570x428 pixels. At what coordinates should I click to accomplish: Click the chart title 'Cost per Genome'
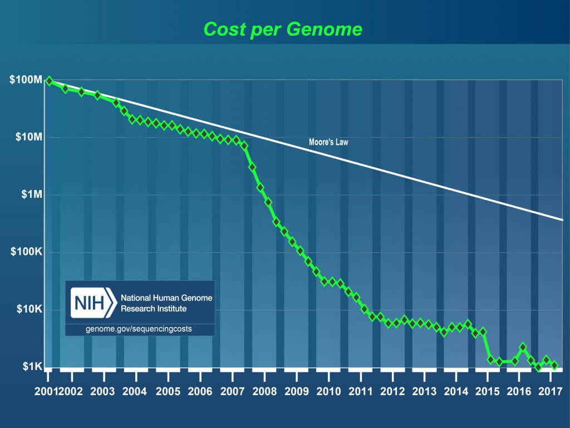pyautogui.click(x=283, y=28)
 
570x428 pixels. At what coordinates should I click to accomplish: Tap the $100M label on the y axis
pyautogui.click(x=26, y=80)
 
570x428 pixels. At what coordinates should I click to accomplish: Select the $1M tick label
pyautogui.click(x=31, y=194)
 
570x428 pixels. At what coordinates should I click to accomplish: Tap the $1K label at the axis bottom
pyautogui.click(x=32, y=367)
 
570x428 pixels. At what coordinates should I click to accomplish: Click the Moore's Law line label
pyautogui.click(x=328, y=142)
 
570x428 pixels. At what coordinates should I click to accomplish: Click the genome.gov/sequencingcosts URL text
pyautogui.click(x=139, y=329)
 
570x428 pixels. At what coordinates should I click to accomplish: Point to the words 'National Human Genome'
pyautogui.click(x=166, y=298)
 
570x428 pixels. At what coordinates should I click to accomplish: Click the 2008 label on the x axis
pyautogui.click(x=264, y=391)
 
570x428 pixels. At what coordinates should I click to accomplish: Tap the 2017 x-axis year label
pyautogui.click(x=550, y=391)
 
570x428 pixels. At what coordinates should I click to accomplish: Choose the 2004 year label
pyautogui.click(x=135, y=391)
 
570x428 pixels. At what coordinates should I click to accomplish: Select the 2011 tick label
pyautogui.click(x=360, y=391)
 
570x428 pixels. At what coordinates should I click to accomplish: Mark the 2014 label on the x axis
pyautogui.click(x=456, y=391)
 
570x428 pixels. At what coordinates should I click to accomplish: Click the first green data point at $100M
pyautogui.click(x=50, y=81)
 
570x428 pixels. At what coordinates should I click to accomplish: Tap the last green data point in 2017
pyautogui.click(x=554, y=365)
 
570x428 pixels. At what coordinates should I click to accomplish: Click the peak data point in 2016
pyautogui.click(x=523, y=347)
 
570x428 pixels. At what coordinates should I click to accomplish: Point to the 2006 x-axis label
pyautogui.click(x=199, y=391)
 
